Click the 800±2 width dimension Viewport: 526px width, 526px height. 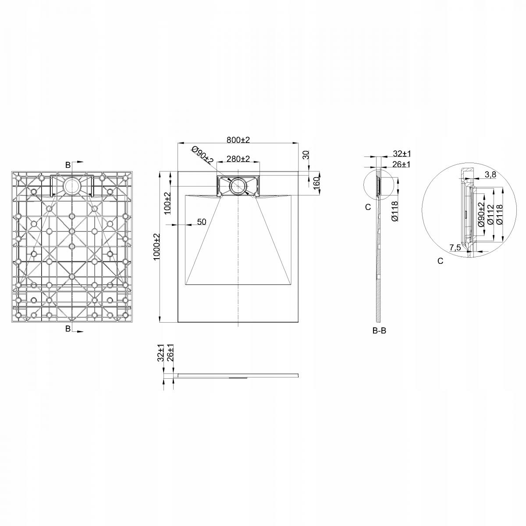(x=238, y=140)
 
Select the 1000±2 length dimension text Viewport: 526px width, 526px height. (x=156, y=247)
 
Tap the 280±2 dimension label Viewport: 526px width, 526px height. (x=238, y=159)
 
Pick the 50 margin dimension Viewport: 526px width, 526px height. (x=202, y=222)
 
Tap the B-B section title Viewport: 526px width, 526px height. (x=380, y=331)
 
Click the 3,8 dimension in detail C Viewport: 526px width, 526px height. (x=490, y=175)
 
